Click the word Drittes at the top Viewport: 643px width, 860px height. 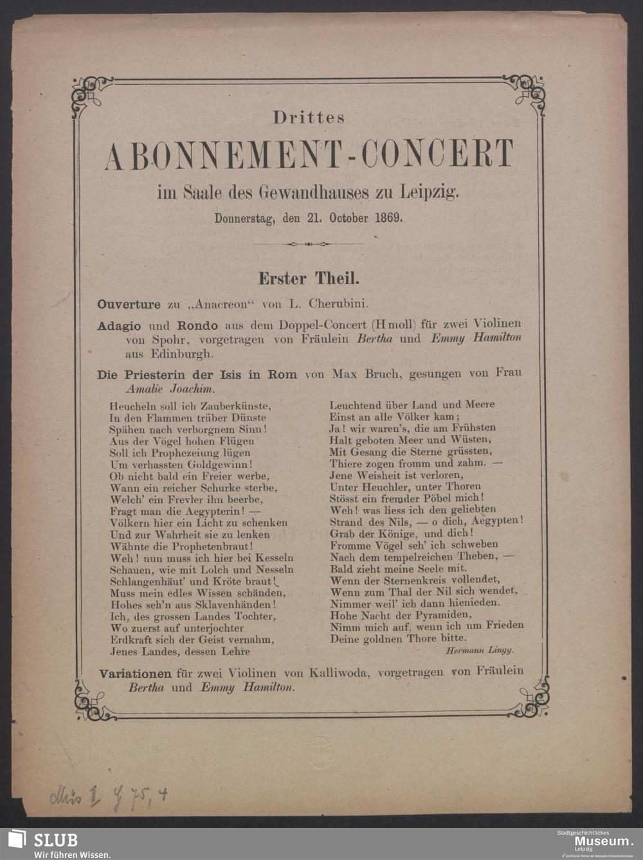point(309,118)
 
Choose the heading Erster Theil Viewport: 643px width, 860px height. point(309,278)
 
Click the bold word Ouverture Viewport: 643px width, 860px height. point(129,304)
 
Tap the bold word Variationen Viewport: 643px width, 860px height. point(135,674)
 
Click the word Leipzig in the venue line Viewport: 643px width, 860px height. point(430,191)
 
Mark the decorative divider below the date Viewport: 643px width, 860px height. point(309,244)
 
